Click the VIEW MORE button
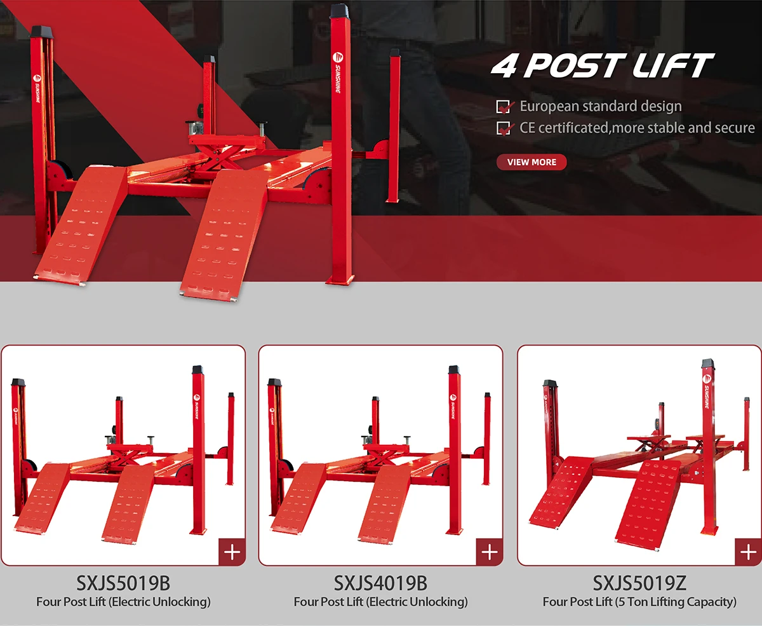531,162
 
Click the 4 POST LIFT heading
602,67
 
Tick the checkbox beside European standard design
504,107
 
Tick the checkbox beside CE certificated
504,128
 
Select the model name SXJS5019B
123,583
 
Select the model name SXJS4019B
380,583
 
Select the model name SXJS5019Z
639,583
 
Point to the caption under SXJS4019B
380,601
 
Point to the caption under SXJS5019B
123,601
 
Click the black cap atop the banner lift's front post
340,11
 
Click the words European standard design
600,107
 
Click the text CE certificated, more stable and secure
637,128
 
